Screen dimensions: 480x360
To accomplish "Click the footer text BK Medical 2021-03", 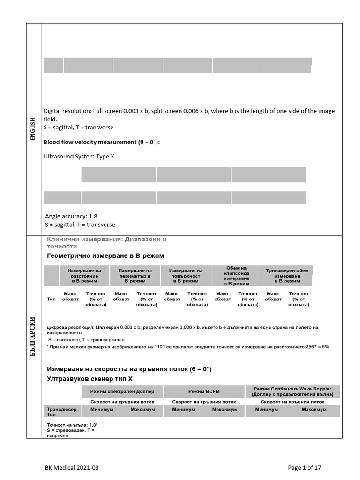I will click(x=72, y=467).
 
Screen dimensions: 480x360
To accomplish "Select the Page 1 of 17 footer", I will click(x=305, y=467).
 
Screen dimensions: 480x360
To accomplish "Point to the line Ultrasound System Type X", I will click(x=79, y=156).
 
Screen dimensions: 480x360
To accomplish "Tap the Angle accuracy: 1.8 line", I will click(x=71, y=216).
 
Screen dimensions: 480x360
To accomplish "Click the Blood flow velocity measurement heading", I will click(x=101, y=142).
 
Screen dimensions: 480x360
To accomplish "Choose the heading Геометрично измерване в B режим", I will click(x=105, y=255).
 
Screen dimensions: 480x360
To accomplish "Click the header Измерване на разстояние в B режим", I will click(x=84, y=276).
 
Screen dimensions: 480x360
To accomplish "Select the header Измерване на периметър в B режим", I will click(x=135, y=276).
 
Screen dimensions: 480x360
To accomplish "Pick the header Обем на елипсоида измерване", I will click(x=237, y=276).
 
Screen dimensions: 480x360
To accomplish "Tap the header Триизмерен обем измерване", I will click(x=287, y=276).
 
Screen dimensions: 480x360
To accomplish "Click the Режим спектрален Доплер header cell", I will click(x=122, y=391).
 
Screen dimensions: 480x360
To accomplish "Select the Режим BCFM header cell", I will click(x=204, y=391).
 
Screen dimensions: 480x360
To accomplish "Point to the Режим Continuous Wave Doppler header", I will click(x=292, y=391).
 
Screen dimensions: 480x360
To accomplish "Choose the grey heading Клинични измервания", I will click(x=106, y=242).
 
